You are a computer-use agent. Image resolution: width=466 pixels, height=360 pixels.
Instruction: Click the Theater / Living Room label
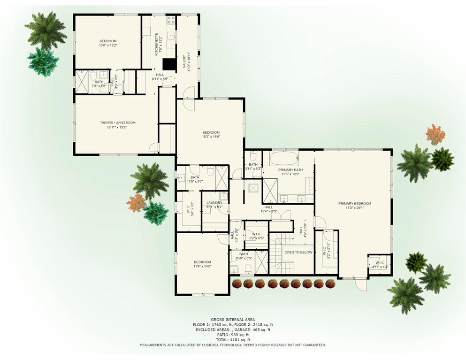click(x=117, y=123)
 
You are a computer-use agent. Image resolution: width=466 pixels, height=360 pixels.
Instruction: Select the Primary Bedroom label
click(x=354, y=203)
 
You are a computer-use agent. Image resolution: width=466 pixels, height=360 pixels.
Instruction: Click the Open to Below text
click(x=298, y=252)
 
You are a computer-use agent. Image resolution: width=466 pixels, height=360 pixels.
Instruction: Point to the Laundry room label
click(x=214, y=203)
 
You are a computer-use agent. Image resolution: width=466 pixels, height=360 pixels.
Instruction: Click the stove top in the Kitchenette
click(x=171, y=20)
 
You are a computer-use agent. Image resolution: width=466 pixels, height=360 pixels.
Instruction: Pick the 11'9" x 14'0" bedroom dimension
click(x=202, y=266)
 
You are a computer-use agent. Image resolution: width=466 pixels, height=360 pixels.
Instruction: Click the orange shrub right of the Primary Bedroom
click(x=435, y=135)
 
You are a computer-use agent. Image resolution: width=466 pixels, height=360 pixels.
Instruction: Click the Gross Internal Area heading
click(x=233, y=319)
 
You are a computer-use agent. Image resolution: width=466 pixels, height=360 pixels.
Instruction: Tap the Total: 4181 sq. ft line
click(x=233, y=339)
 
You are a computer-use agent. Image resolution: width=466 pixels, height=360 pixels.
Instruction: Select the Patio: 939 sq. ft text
click(x=233, y=334)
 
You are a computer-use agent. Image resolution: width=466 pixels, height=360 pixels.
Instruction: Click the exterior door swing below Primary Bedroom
click(x=360, y=284)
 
